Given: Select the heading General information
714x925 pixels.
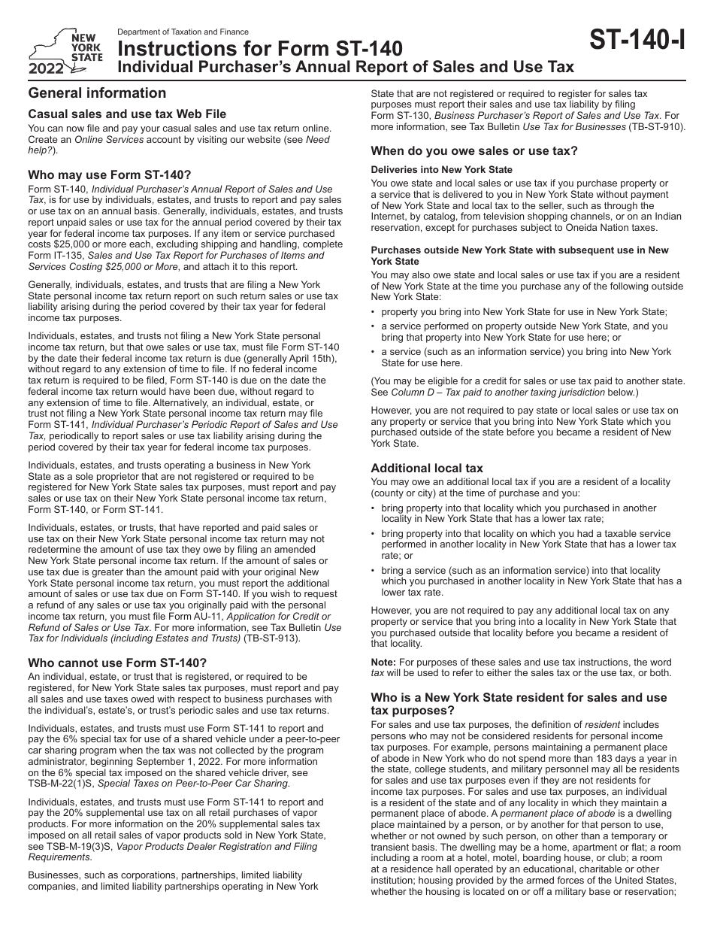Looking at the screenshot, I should point(97,93).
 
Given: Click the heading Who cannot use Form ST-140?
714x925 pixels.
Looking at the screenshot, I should point(117,663).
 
